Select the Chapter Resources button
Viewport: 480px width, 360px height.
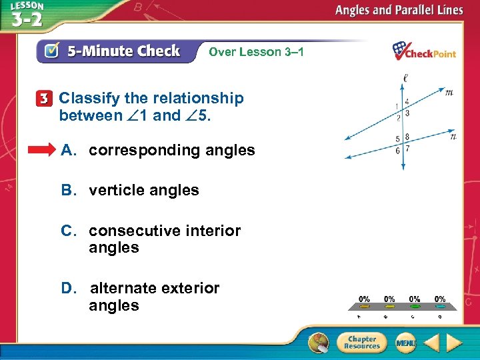(x=360, y=342)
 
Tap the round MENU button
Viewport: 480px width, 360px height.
(x=405, y=342)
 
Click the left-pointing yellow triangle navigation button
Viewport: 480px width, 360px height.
(x=431, y=343)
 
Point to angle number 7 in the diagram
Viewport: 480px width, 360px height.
(x=407, y=149)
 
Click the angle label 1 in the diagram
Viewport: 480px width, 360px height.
(x=397, y=106)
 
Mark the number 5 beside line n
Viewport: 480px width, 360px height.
(x=397, y=139)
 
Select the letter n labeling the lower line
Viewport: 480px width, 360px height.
(x=453, y=137)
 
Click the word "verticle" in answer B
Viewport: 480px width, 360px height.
(x=115, y=190)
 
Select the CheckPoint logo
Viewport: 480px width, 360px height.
(x=423, y=51)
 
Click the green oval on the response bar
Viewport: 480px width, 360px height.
(x=414, y=307)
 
